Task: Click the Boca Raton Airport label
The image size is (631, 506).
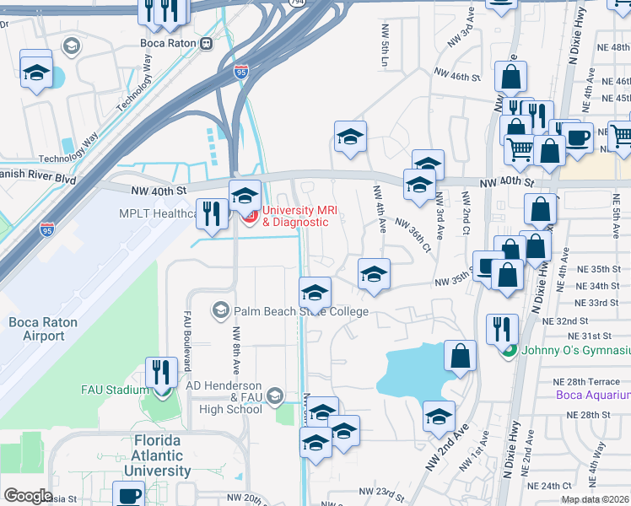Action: (36, 329)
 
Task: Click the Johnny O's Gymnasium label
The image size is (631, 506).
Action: (575, 350)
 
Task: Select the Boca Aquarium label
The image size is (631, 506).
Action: (593, 395)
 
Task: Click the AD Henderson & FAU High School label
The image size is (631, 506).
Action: (223, 402)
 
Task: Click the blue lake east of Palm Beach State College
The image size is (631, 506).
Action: (413, 371)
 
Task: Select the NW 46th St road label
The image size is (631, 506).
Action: (456, 76)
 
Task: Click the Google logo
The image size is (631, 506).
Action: (29, 496)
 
